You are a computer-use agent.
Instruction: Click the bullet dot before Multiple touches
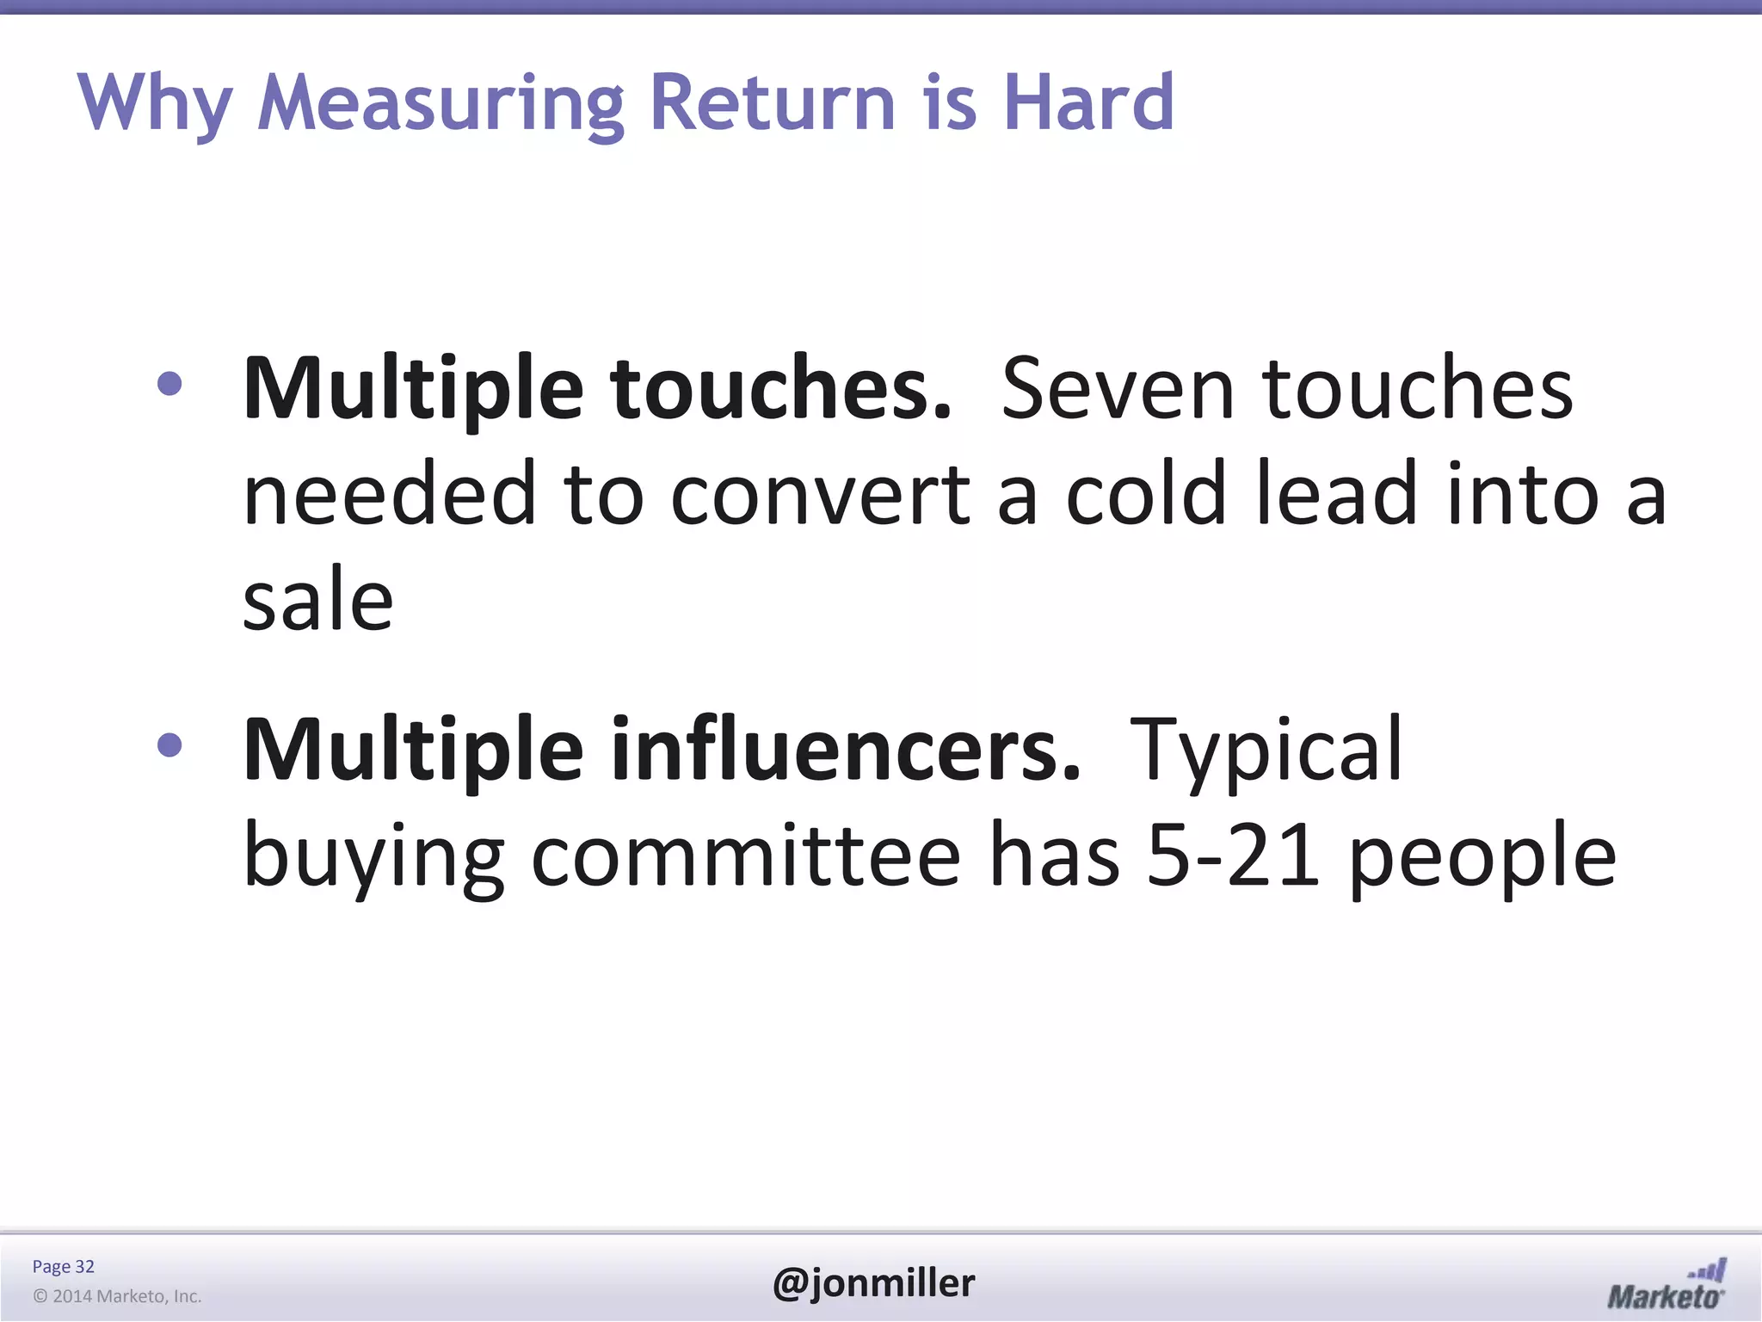170,384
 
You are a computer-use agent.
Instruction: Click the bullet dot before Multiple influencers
170,745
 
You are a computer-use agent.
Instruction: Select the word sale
317,599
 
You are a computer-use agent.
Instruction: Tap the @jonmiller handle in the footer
873,1283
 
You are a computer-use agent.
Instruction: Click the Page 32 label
63,1266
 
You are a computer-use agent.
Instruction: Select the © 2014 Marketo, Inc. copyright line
117,1296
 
